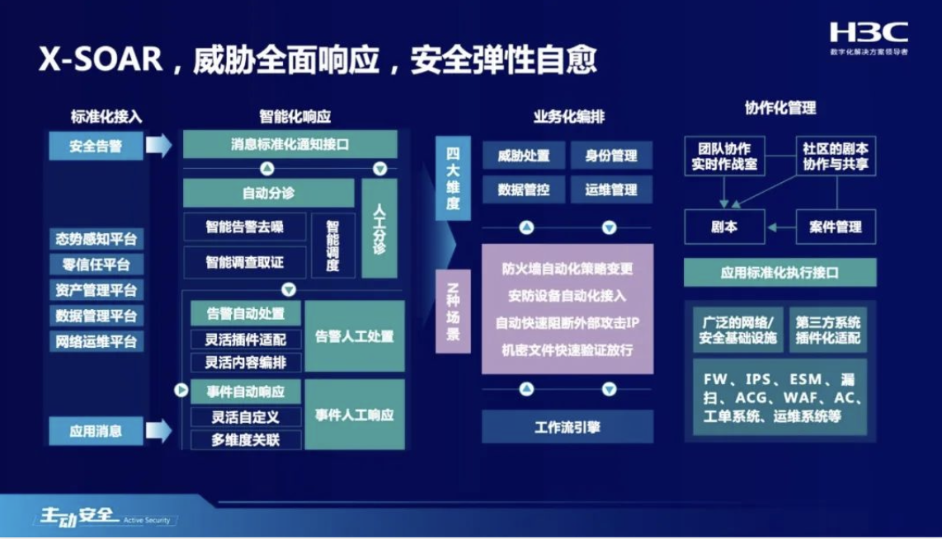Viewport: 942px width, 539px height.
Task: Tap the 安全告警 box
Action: click(x=97, y=146)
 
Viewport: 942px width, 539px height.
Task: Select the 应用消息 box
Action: click(x=97, y=431)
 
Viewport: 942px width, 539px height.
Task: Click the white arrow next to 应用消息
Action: click(x=158, y=430)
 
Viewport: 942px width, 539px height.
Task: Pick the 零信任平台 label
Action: click(x=97, y=265)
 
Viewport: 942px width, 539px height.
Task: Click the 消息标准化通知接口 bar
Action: click(x=290, y=145)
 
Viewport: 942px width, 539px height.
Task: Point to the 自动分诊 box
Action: click(x=269, y=194)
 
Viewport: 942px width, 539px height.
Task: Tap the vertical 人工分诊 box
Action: click(x=379, y=228)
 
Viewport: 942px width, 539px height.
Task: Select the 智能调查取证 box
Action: click(x=244, y=262)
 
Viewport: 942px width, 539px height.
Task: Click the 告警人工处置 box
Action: click(x=355, y=336)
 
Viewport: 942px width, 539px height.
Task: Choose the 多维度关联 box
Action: click(x=245, y=440)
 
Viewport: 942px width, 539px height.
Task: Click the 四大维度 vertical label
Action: click(x=453, y=178)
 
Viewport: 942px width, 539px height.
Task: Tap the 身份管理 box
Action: click(x=611, y=156)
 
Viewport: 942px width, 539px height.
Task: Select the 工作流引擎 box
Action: click(x=568, y=427)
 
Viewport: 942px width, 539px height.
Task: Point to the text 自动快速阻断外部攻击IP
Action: click(x=568, y=323)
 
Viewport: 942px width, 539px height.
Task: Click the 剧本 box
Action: click(x=724, y=227)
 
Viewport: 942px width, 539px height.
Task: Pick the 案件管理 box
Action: click(x=836, y=227)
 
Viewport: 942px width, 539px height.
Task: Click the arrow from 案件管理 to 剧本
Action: click(x=781, y=227)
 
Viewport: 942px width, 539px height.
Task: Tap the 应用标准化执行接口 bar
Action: click(x=780, y=273)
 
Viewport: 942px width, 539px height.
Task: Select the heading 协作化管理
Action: click(x=780, y=108)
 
